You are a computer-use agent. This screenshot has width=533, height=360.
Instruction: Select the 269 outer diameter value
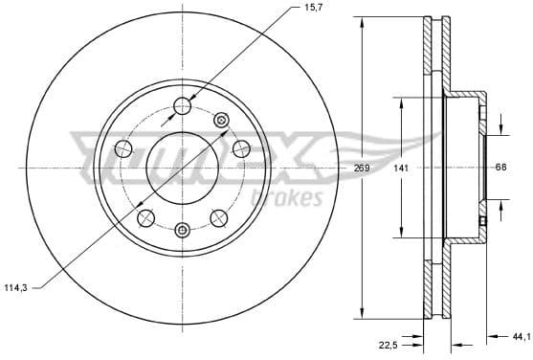(361, 169)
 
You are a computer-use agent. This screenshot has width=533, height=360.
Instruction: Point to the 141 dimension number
(402, 169)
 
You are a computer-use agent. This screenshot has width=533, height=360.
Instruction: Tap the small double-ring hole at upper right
(221, 120)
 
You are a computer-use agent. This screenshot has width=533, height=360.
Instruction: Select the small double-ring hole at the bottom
(182, 228)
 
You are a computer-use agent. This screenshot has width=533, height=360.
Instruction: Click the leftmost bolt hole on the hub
(122, 147)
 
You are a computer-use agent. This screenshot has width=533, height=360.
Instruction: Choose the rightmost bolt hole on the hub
(241, 147)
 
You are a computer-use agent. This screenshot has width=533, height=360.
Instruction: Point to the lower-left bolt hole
(145, 218)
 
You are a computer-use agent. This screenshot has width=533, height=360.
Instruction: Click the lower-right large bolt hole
(219, 217)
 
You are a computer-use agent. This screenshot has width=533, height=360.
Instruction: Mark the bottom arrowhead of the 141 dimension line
(401, 235)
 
